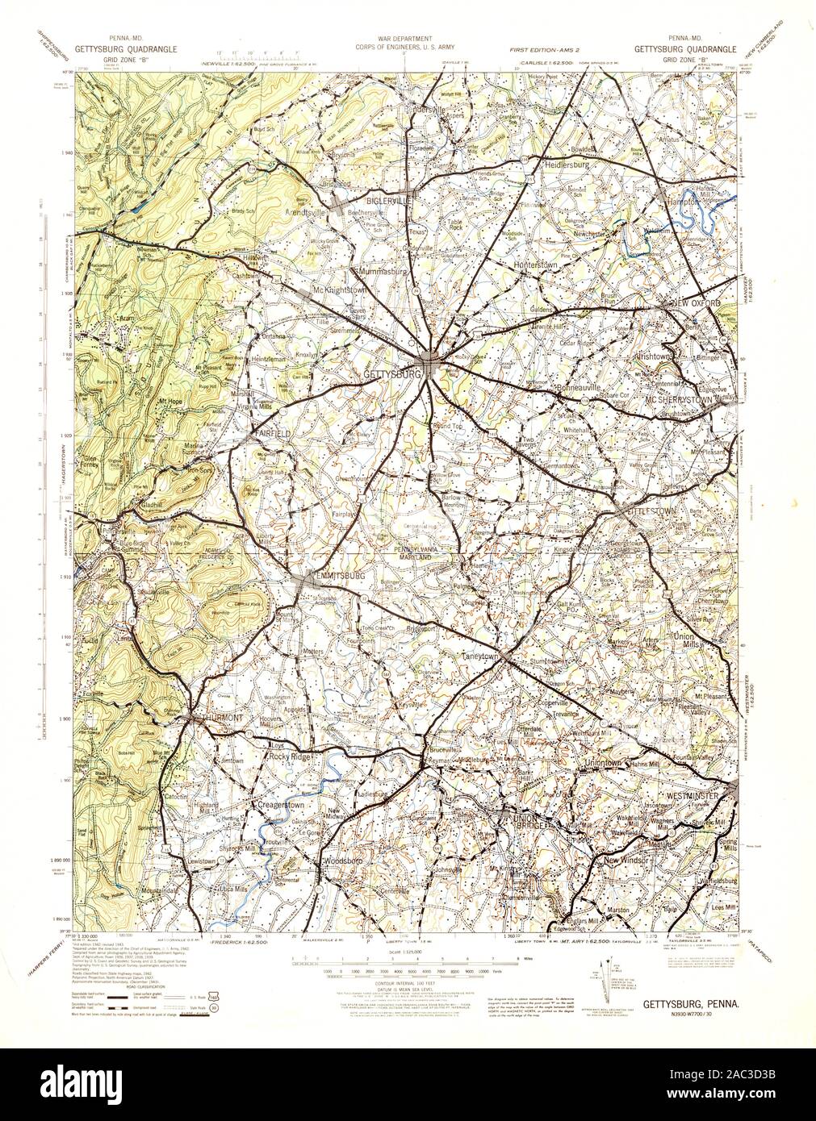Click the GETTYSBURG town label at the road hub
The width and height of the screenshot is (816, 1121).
pos(393,376)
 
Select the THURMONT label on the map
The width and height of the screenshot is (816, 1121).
pos(213,718)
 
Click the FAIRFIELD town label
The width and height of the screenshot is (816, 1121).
pos(269,433)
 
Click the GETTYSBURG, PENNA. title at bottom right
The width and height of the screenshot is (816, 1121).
pos(688,1005)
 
